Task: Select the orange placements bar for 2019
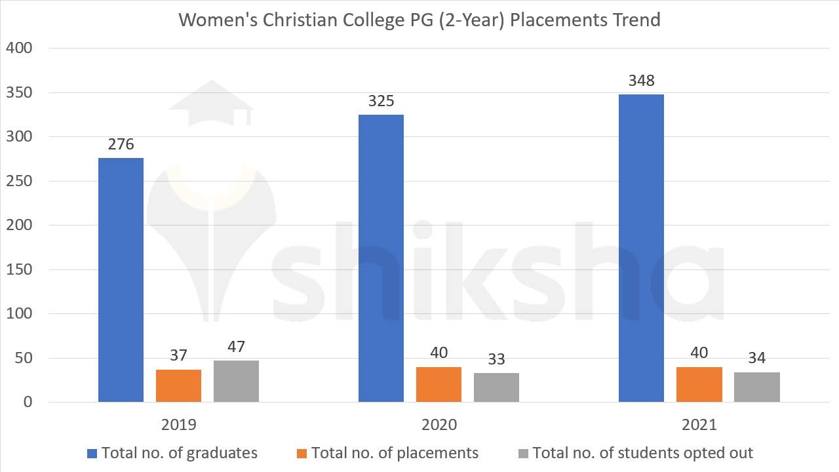tap(178, 386)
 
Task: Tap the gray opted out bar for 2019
tap(236, 382)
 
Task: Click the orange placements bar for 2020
tap(439, 385)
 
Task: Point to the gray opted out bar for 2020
tap(496, 387)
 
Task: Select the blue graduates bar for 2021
tap(641, 248)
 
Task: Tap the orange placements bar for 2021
tap(699, 385)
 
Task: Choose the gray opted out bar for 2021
tap(757, 387)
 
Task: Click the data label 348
tap(641, 81)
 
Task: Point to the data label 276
tap(121, 144)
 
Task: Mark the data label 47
tap(236, 347)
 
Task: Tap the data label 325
tap(381, 101)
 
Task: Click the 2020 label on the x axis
tap(439, 425)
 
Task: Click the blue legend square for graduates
tap(92, 453)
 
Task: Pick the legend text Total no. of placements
tap(395, 453)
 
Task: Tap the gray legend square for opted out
tap(522, 453)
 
